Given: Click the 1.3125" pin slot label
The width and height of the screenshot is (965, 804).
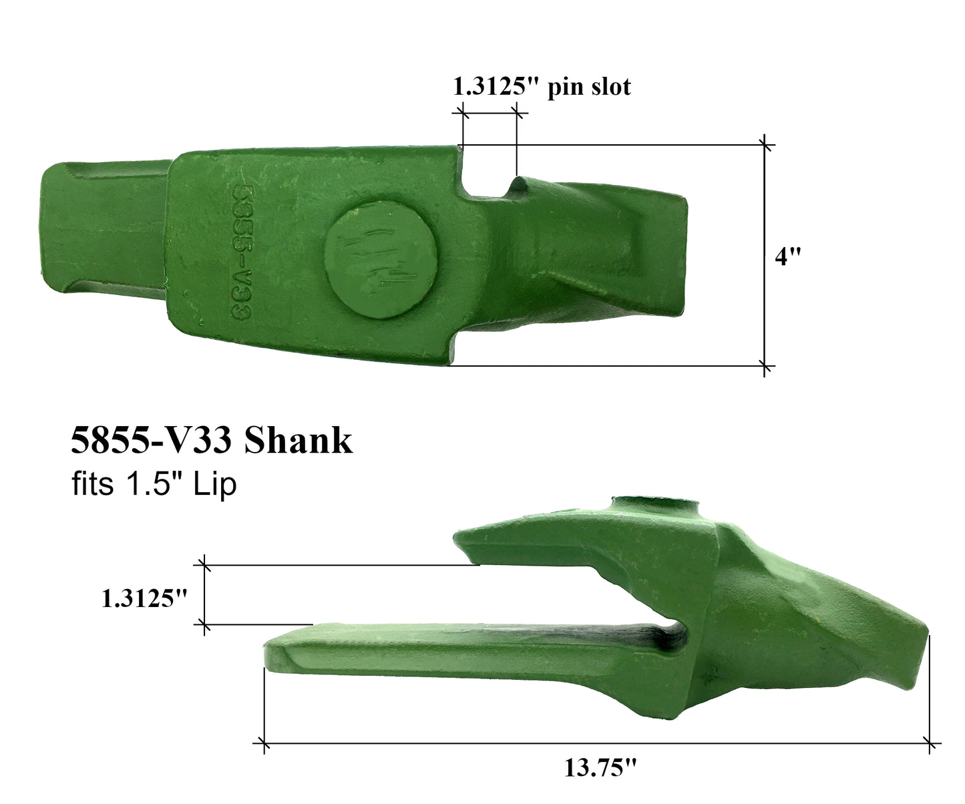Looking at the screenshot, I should pos(541,87).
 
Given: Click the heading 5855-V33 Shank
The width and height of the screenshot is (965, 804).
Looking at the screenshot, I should pos(211,441).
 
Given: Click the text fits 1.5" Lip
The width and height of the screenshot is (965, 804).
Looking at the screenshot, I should pos(154,484).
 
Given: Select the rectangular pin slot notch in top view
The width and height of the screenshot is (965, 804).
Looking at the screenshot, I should pos(488,177).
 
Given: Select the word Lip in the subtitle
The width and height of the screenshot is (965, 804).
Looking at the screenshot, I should pos(215,484).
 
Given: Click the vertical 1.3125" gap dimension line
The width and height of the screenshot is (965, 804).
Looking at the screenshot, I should pos(204,594).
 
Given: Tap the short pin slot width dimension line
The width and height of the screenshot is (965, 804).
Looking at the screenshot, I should pos(489,115).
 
